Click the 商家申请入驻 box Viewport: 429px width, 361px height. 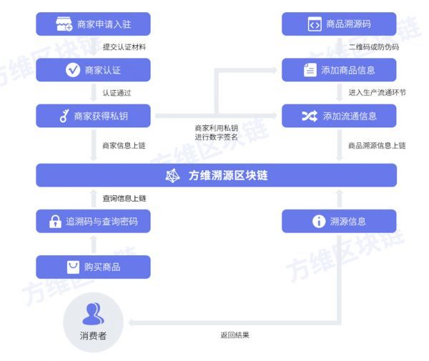[93, 24]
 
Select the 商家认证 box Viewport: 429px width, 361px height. [93, 69]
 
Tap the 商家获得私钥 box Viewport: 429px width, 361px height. [93, 116]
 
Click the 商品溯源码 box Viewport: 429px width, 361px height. [339, 24]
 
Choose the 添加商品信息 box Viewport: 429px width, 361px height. [339, 69]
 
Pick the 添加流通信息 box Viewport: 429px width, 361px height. [339, 116]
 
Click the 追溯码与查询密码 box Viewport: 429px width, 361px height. [93, 222]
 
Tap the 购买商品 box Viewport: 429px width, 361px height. [93, 267]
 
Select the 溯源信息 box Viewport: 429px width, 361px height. [339, 222]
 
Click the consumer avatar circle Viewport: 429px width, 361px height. [93, 315]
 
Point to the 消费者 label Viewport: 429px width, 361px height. [93, 335]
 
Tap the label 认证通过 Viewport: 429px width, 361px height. [117, 93]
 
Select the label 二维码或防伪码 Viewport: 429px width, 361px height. [373, 47]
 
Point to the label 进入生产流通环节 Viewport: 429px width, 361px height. [377, 93]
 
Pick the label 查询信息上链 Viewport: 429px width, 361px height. [124, 198]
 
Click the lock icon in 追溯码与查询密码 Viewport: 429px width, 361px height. [55, 222]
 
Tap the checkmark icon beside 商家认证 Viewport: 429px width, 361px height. [72, 69]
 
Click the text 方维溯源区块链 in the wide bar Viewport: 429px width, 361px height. [227, 175]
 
